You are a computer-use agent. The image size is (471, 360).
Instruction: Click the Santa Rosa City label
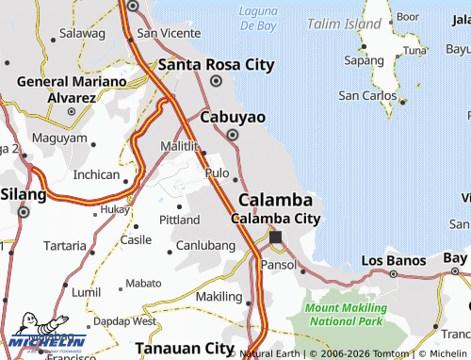click(x=216, y=65)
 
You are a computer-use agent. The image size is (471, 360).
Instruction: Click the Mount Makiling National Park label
click(x=346, y=315)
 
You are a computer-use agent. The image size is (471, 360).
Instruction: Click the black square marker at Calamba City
click(x=276, y=237)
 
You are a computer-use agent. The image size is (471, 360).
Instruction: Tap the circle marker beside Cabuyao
click(x=233, y=135)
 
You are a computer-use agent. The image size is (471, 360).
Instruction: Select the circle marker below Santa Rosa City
click(x=216, y=81)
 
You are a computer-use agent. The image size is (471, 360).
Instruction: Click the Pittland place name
click(x=179, y=220)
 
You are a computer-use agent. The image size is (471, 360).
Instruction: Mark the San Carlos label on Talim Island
click(x=366, y=95)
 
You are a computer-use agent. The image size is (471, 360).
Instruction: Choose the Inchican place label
click(x=96, y=174)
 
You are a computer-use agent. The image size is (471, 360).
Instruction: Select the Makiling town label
click(x=219, y=297)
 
